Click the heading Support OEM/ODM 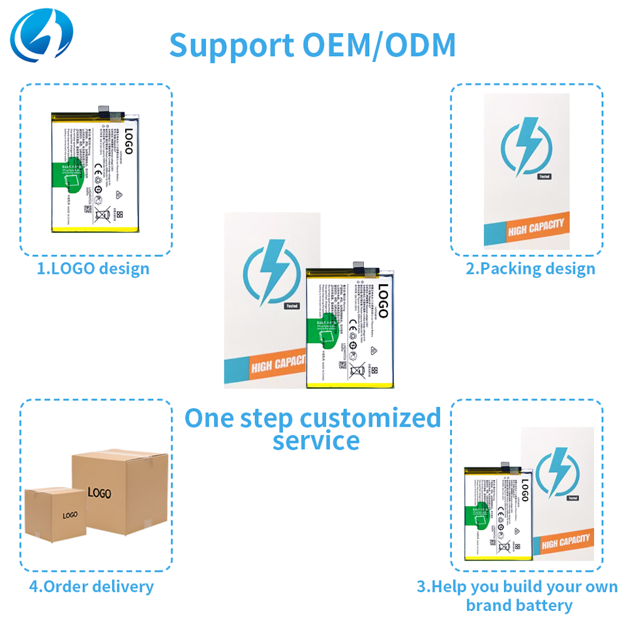click(312, 45)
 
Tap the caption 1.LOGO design click(93, 269)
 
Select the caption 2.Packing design click(530, 269)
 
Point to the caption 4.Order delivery click(91, 586)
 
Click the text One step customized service click(314, 428)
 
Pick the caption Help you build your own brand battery click(517, 595)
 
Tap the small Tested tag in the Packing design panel click(544, 176)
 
